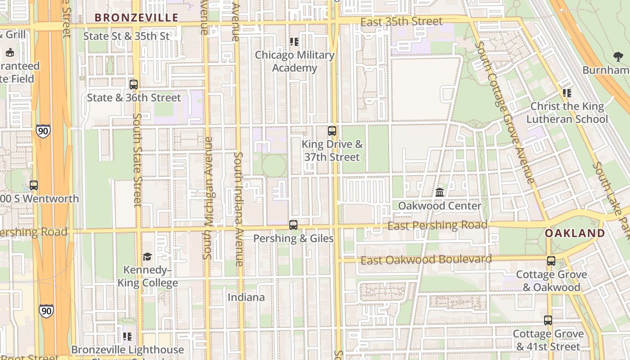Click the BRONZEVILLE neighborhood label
(x=136, y=18)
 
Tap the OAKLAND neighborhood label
(x=575, y=233)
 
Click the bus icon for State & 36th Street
(x=134, y=84)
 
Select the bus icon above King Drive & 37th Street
(x=332, y=131)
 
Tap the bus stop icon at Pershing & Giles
(x=293, y=225)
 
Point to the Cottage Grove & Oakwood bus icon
(x=551, y=261)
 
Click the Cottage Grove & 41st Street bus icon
(x=548, y=320)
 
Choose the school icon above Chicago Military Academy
(x=294, y=42)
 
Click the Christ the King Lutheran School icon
(x=567, y=93)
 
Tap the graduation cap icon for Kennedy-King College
(x=147, y=256)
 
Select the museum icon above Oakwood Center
(x=440, y=192)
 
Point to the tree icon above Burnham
(x=618, y=57)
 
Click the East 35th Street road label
(x=401, y=21)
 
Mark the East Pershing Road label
(x=437, y=225)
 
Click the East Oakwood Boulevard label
(x=426, y=260)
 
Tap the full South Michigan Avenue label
(x=207, y=198)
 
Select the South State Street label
(x=137, y=160)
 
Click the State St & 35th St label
(x=126, y=36)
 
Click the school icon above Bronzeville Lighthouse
(x=127, y=336)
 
